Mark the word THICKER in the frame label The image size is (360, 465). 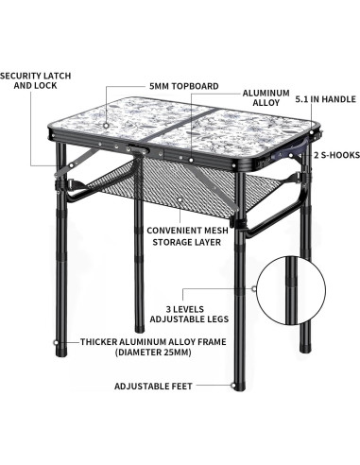(x=105, y=341)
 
